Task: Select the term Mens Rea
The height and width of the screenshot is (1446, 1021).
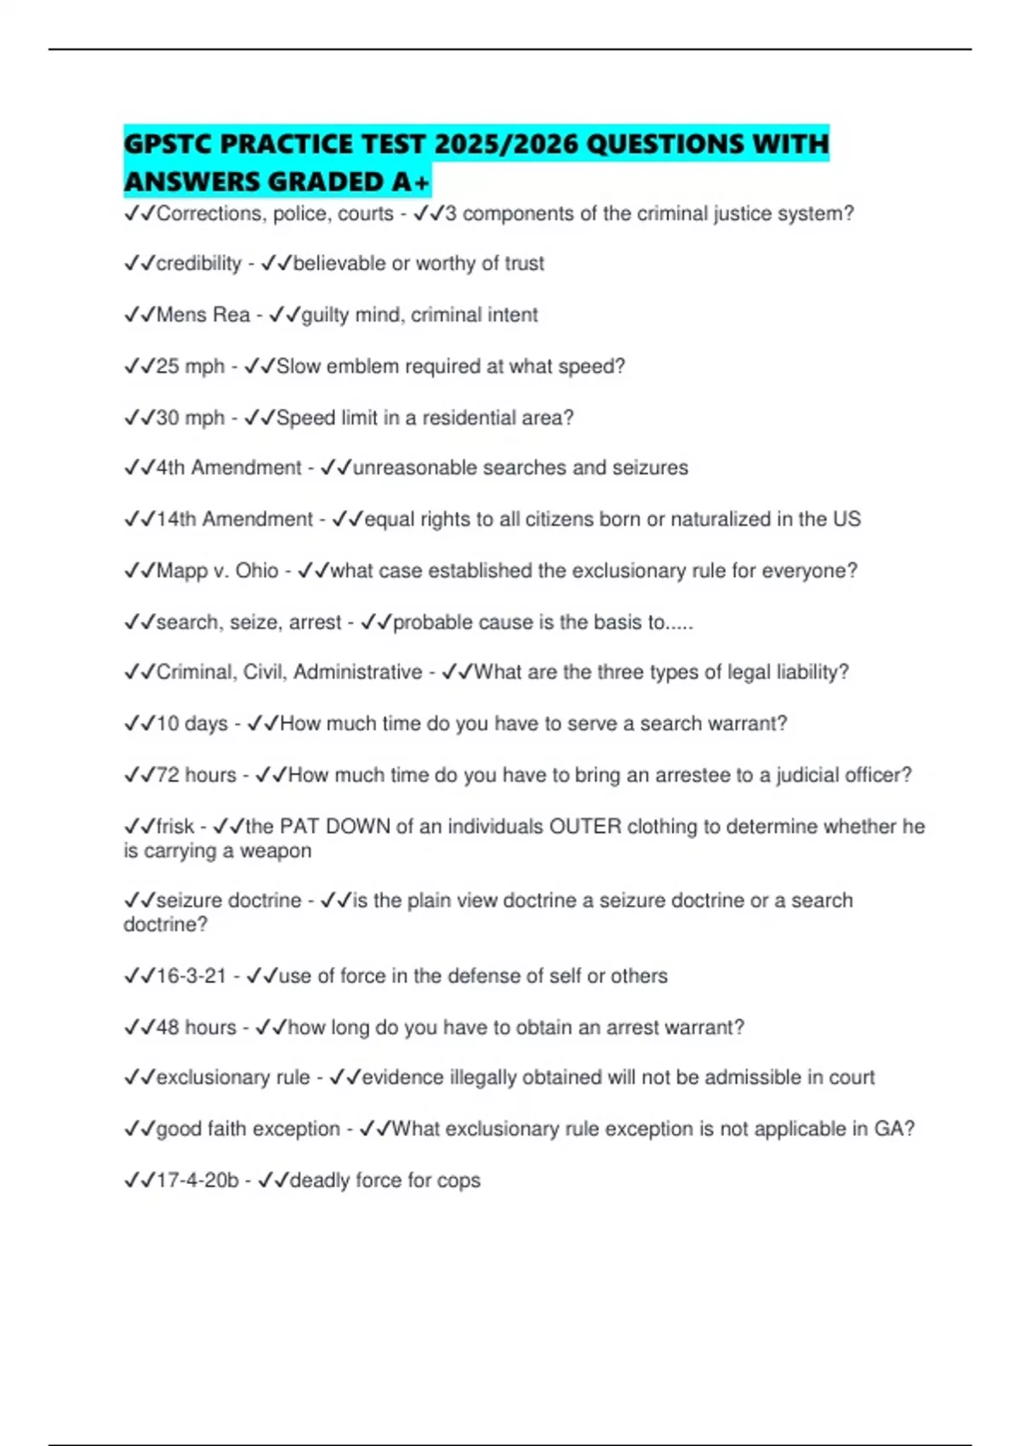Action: [x=202, y=315]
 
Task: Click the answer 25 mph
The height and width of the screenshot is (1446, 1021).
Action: [x=190, y=367]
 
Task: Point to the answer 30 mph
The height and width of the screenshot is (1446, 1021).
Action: [x=190, y=418]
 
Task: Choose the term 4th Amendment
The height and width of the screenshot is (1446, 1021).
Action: [x=229, y=468]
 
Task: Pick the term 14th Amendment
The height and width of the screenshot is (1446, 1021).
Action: [x=234, y=519]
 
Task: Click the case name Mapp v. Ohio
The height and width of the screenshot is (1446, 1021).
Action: [x=217, y=570]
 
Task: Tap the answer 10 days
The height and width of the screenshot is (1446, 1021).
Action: [x=191, y=724]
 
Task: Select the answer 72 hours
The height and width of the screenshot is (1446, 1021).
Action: [x=196, y=775]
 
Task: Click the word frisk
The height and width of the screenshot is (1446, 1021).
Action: [x=175, y=826]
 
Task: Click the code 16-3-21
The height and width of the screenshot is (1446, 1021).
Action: [x=191, y=976]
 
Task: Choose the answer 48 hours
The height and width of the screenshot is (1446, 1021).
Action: [x=196, y=1028]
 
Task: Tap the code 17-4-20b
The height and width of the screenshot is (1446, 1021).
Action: [x=197, y=1181]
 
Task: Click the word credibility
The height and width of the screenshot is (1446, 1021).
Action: [x=198, y=264]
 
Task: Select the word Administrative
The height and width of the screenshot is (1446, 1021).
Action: [x=357, y=672]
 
